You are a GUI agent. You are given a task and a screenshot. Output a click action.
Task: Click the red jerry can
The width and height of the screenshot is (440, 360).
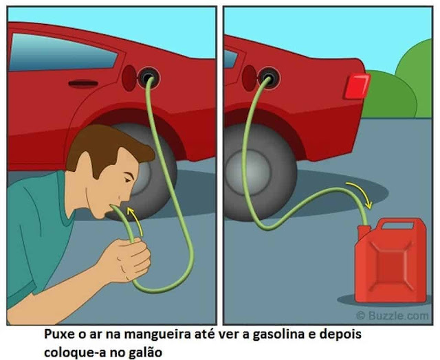click(390, 260)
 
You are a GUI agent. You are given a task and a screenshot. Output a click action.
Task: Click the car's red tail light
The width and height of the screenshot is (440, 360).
click(357, 86)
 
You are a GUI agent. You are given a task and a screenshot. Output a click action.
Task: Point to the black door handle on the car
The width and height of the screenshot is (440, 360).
click(83, 84)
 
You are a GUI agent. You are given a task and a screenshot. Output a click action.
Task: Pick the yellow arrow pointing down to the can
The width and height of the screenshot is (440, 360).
click(360, 193)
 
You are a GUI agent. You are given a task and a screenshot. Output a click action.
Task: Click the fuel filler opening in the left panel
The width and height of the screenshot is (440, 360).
click(148, 77)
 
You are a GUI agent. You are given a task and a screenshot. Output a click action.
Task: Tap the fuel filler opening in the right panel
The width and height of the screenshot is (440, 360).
click(269, 78)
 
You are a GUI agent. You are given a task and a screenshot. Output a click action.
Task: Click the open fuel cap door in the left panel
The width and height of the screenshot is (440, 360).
click(129, 78)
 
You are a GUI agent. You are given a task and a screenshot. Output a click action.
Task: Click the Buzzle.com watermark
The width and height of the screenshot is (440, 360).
click(393, 315)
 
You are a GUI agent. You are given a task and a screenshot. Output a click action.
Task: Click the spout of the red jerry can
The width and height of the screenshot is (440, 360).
click(364, 230)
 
